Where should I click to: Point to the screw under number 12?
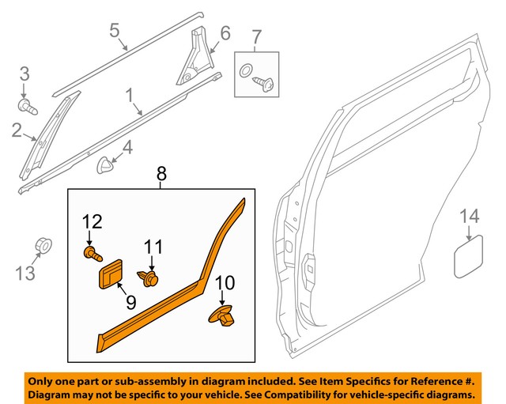pyautogui.click(x=91, y=254)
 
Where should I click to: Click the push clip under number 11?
pyautogui.click(x=149, y=277)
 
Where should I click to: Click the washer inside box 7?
pyautogui.click(x=246, y=68)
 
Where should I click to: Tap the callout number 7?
pyautogui.click(x=255, y=36)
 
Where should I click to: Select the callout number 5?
pyautogui.click(x=114, y=32)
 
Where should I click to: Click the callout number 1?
pyautogui.click(x=128, y=96)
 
